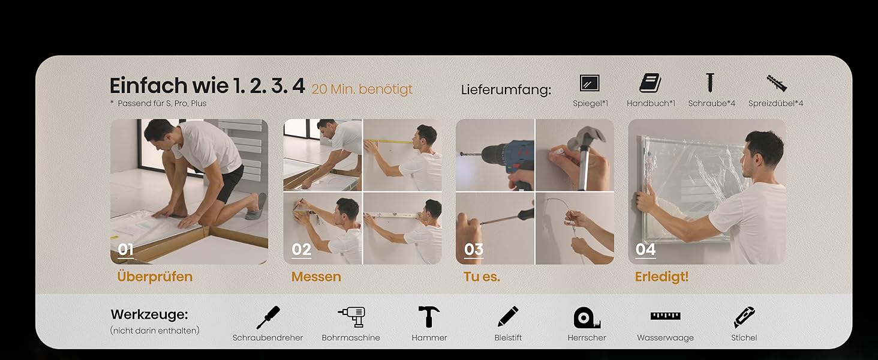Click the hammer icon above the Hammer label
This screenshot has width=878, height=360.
click(x=429, y=316)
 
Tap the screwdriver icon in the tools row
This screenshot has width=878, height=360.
click(x=268, y=317)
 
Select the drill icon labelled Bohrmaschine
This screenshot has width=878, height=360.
click(x=351, y=317)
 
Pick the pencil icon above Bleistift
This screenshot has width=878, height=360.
click(x=508, y=316)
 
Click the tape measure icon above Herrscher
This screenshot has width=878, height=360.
click(x=587, y=317)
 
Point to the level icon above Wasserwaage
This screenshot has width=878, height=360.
click(x=665, y=316)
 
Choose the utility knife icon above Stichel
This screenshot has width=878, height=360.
click(x=744, y=317)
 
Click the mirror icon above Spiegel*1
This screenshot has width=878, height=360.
click(x=590, y=83)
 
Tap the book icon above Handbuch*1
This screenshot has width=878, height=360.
click(x=650, y=83)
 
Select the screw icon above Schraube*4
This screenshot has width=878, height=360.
click(x=710, y=82)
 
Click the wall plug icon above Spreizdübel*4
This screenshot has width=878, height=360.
click(x=777, y=83)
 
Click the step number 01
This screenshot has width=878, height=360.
click(x=125, y=250)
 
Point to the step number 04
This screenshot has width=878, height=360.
click(x=645, y=250)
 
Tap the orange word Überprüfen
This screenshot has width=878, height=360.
click(x=155, y=277)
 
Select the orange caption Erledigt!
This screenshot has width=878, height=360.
click(x=661, y=277)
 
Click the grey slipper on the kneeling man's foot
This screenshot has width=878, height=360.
click(x=256, y=206)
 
